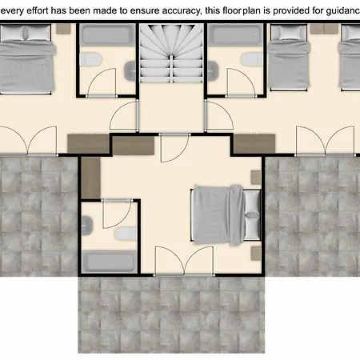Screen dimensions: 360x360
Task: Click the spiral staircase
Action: point(171,54)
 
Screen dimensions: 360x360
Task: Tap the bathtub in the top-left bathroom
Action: point(108,35)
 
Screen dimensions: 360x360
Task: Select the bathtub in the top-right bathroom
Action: point(235,35)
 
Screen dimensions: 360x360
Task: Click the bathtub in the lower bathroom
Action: point(110,262)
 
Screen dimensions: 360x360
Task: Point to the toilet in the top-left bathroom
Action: point(91,59)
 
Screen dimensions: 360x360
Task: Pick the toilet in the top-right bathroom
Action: point(252,59)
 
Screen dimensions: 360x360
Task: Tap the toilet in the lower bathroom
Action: point(126,234)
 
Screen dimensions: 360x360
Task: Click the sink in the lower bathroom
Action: point(87,226)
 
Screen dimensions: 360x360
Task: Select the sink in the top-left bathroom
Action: point(130,70)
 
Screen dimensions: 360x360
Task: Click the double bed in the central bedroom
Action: point(226,215)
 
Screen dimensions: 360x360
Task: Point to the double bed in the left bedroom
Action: point(26,59)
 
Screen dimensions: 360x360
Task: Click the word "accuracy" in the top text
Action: point(182,10)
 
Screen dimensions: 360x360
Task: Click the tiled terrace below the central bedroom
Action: point(171,314)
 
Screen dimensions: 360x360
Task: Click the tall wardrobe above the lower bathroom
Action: point(90,178)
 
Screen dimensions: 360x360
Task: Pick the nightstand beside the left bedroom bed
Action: point(63,29)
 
